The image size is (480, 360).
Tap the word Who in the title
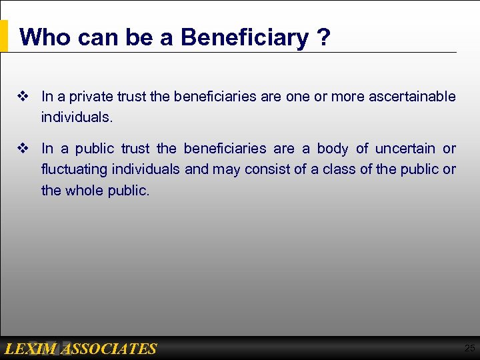45,37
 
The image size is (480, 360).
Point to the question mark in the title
324,37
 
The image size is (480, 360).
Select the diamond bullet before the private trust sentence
22,97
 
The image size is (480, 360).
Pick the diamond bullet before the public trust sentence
22,149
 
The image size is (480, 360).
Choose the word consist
266,169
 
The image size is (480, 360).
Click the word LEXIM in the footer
31,349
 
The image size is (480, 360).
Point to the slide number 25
470,348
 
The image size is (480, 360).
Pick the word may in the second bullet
227,169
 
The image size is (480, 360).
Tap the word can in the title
99,37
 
